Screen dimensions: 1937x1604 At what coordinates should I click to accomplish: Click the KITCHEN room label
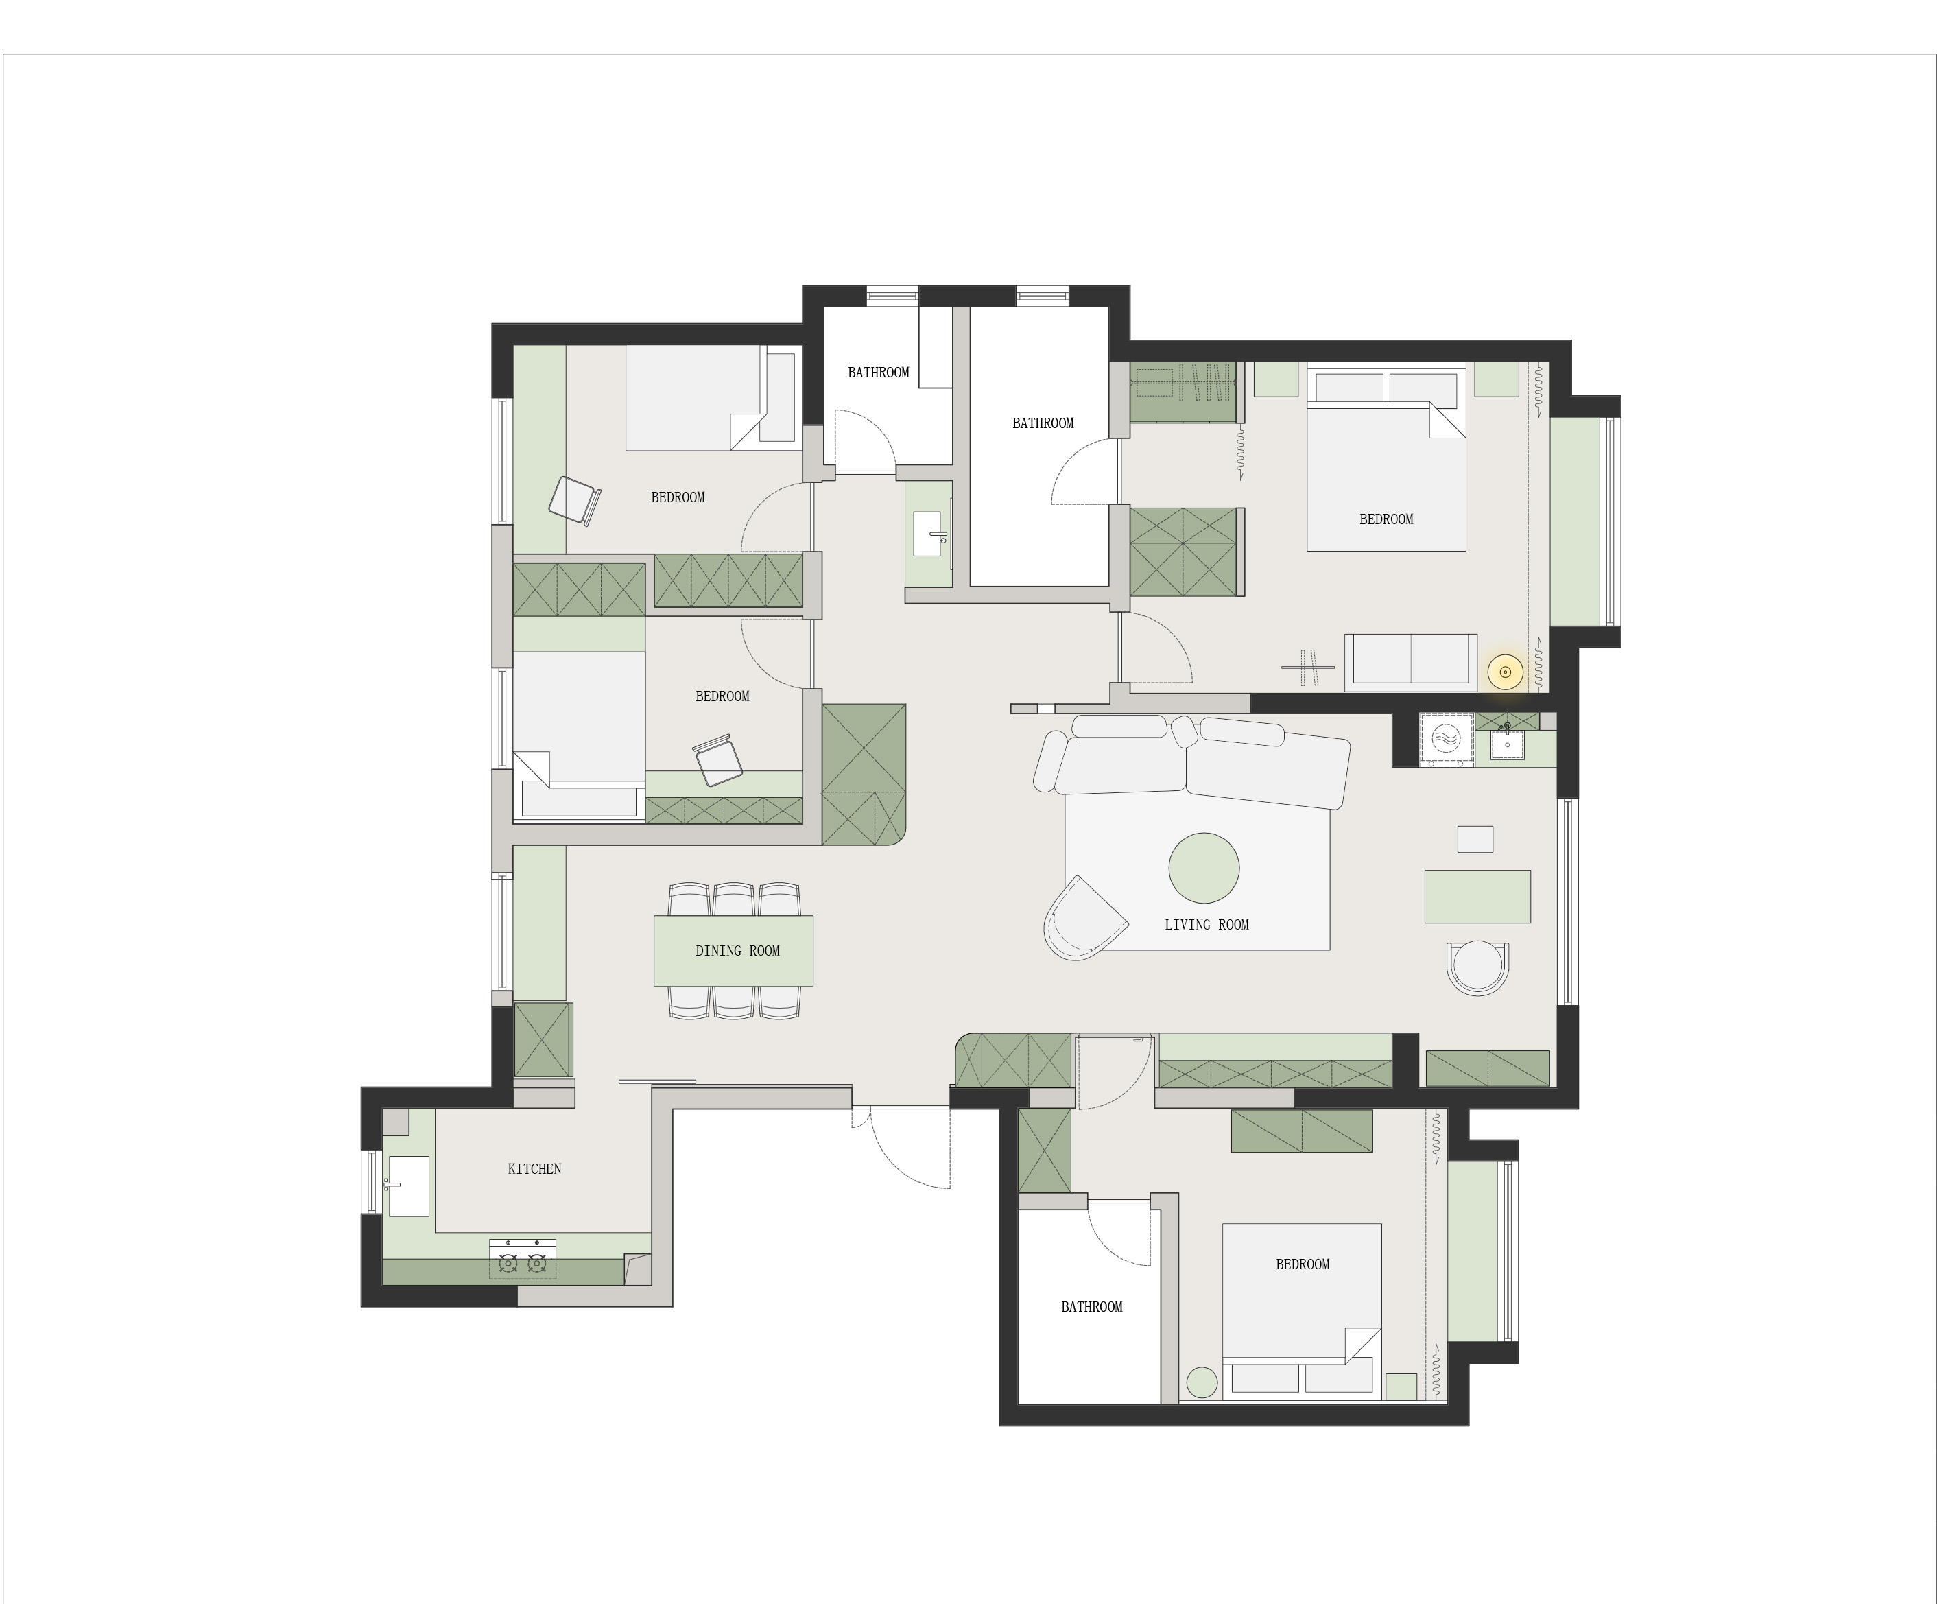(x=534, y=1168)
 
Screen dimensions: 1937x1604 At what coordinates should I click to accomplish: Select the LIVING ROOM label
(x=1207, y=924)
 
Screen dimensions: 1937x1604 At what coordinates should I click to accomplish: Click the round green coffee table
(x=1204, y=867)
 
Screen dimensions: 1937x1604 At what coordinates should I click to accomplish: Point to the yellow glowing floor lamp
(x=1506, y=672)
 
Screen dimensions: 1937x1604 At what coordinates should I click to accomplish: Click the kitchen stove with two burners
(x=523, y=1258)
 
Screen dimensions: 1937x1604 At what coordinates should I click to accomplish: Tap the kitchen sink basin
(x=407, y=1186)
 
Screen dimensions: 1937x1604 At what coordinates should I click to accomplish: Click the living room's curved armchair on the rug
(x=1084, y=919)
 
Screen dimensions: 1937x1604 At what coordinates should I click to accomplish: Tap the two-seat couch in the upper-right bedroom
(x=1410, y=661)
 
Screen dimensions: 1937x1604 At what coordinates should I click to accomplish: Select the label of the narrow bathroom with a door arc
(x=878, y=373)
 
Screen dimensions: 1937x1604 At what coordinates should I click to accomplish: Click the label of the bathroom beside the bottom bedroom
(x=1091, y=1307)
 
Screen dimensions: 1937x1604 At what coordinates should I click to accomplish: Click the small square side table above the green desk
(x=1475, y=838)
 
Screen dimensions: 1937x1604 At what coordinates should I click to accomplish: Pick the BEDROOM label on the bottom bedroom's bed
(x=1303, y=1264)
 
